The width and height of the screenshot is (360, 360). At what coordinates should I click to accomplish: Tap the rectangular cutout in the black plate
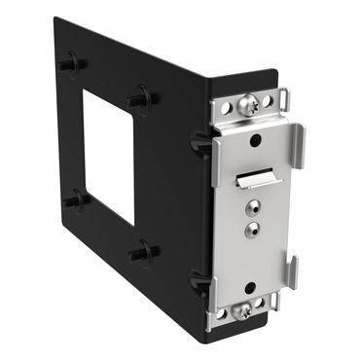[x=108, y=157]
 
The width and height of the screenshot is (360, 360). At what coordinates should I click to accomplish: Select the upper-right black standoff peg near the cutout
[x=141, y=99]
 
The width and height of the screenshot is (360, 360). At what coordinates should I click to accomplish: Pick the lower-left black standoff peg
[x=73, y=199]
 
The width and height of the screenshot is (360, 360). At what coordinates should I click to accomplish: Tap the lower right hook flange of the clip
[x=293, y=271]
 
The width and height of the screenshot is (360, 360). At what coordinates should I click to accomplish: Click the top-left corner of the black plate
[x=55, y=18]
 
